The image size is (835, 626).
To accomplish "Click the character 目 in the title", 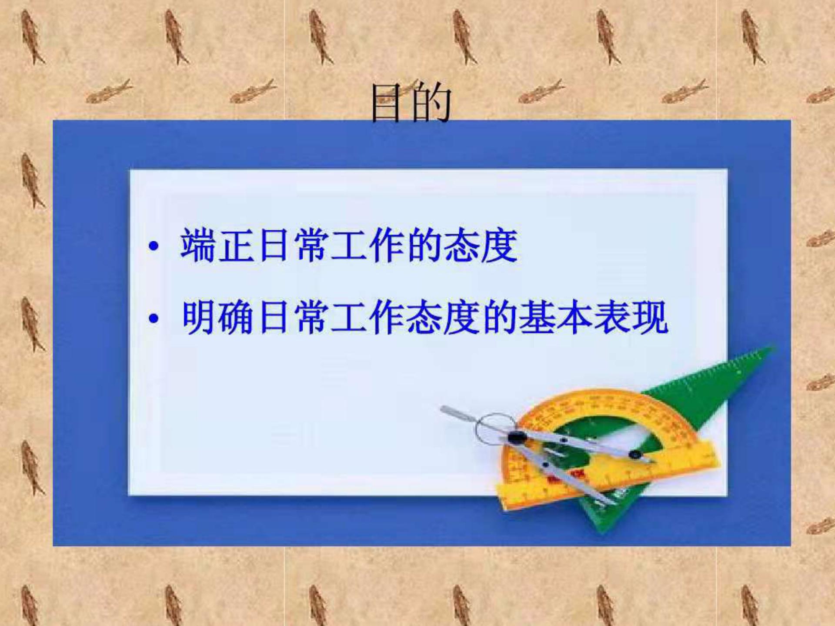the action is click(386, 103).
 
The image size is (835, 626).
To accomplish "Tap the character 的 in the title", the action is click(431, 103).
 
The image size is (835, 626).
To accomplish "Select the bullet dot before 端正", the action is click(153, 246).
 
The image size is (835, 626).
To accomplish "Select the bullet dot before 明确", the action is click(153, 319).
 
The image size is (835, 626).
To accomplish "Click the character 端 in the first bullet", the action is click(198, 246).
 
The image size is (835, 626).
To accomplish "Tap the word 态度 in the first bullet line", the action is click(481, 246).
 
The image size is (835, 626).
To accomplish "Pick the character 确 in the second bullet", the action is click(236, 318).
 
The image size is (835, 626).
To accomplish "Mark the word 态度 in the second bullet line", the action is click(443, 318).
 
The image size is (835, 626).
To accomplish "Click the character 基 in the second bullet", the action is click(537, 318).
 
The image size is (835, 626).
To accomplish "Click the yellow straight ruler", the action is click(609, 476).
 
